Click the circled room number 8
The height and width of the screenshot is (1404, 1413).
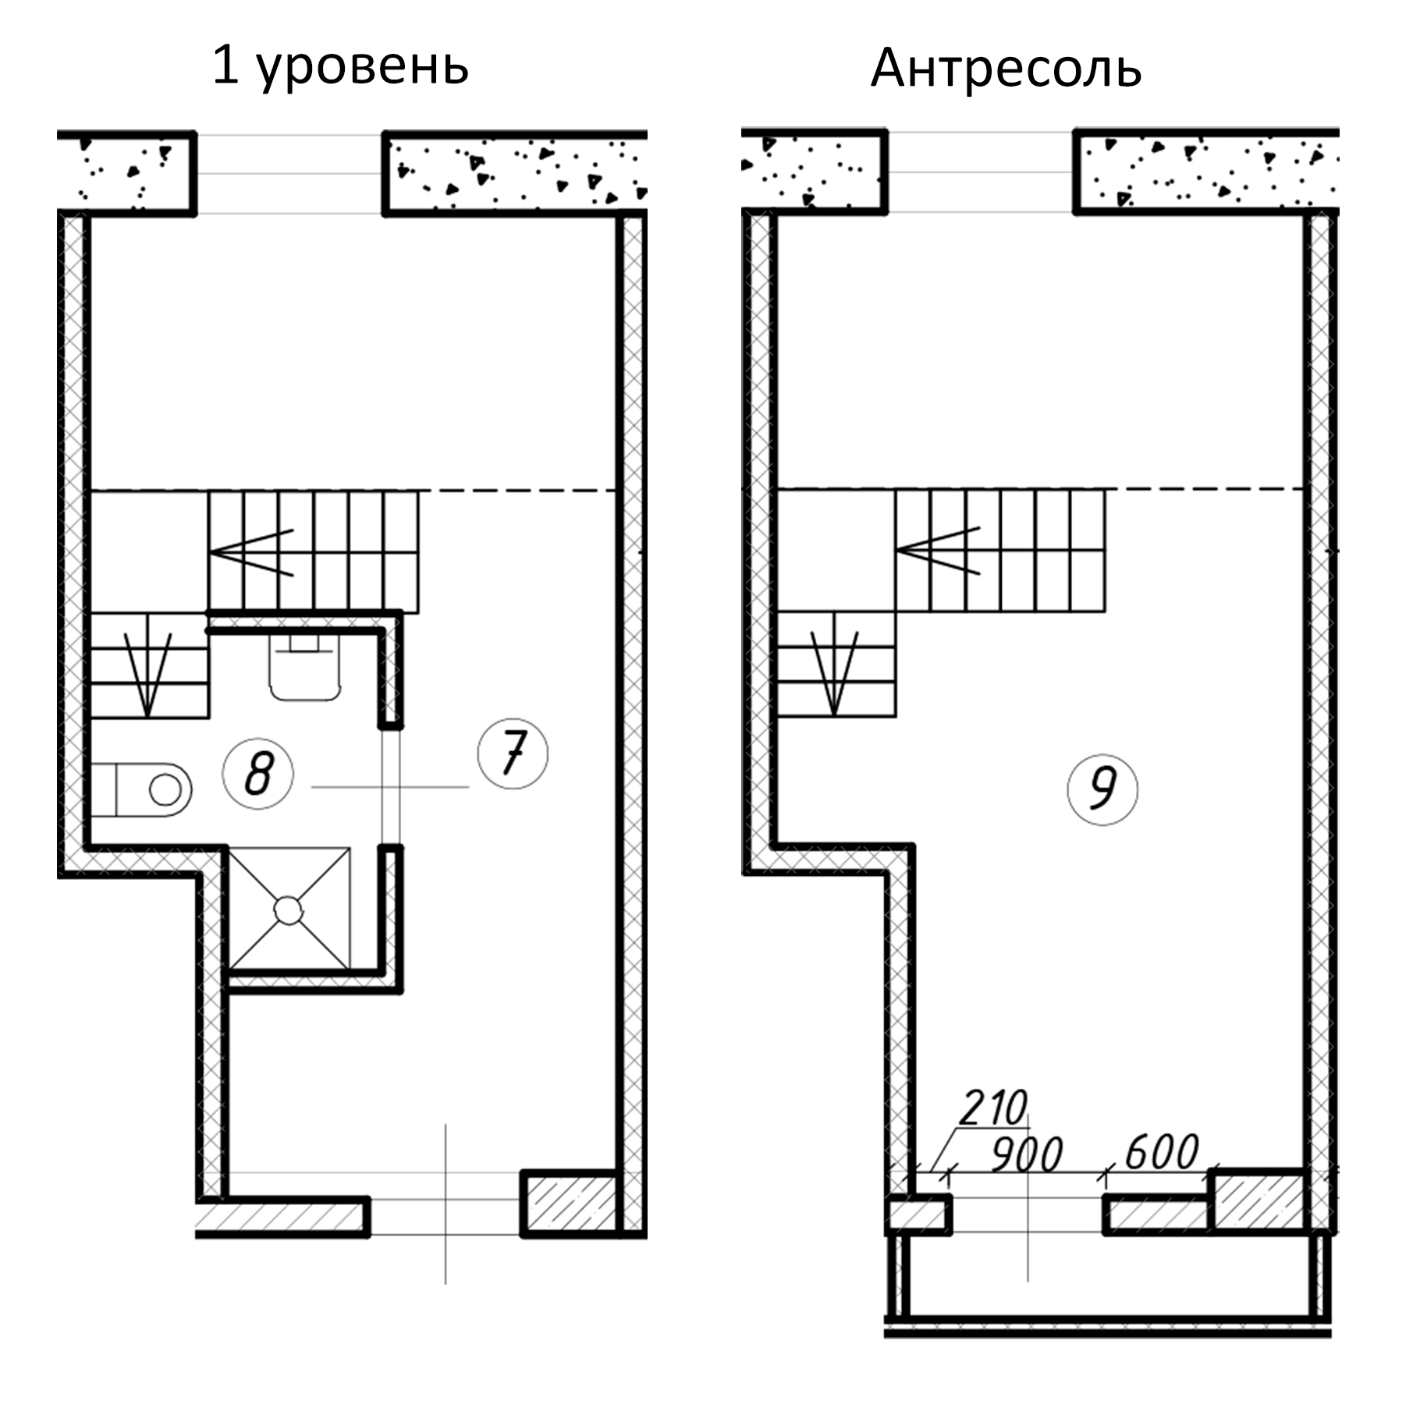(257, 775)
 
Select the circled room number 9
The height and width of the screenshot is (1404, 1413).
(1102, 789)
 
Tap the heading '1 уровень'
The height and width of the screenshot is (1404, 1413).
(340, 66)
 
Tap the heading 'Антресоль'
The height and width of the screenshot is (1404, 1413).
(1006, 69)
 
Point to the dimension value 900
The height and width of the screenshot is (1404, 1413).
(1027, 1155)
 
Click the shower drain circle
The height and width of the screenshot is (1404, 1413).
(288, 909)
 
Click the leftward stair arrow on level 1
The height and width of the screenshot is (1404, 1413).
(251, 553)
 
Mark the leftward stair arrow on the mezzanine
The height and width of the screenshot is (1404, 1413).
(938, 551)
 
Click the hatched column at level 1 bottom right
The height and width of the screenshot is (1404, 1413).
(569, 1203)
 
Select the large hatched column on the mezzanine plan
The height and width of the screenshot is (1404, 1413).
(1258, 1201)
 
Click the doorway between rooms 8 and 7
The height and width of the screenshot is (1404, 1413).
(391, 786)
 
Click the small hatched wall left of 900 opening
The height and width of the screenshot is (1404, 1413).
(918, 1216)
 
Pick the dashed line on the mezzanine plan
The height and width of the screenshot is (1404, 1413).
(1205, 489)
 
